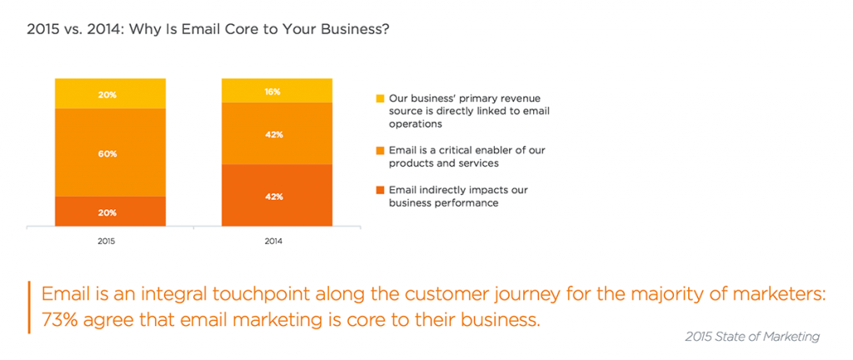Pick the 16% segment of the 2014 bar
tap(277, 90)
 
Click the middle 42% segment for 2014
tap(277, 133)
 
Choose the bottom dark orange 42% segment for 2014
tap(277, 195)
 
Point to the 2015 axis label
tap(107, 240)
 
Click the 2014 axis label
tap(273, 240)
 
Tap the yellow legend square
tap(380, 98)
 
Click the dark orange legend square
tap(380, 190)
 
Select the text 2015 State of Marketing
tap(752, 337)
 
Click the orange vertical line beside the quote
tap(28, 307)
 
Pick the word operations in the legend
tap(415, 124)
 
